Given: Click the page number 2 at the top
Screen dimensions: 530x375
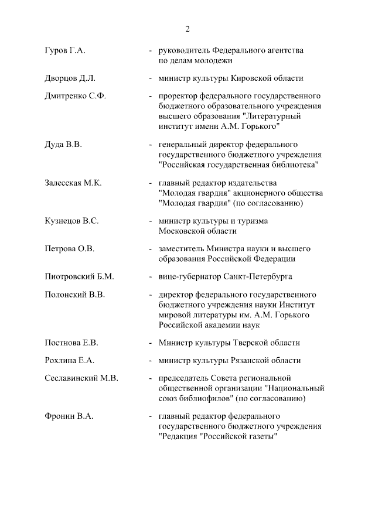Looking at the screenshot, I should click(187, 29).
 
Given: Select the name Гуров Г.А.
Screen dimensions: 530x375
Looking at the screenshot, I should click(65, 51).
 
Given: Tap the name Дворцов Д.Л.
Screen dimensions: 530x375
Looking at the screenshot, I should click(70, 78).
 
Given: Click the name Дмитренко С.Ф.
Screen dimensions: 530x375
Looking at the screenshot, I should click(75, 96).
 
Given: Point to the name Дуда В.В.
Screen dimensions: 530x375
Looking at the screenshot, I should click(63, 145).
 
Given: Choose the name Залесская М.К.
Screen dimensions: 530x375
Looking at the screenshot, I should click(73, 183).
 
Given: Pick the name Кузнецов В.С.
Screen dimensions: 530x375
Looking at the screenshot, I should click(71, 221).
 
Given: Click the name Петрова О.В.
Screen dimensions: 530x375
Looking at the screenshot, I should click(70, 249).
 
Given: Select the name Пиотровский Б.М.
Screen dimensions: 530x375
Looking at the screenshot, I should click(79, 276).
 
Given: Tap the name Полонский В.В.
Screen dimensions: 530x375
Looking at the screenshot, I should click(75, 295).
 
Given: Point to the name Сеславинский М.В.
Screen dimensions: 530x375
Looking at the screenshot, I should click(81, 378).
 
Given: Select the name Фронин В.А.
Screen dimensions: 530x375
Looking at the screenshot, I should click(69, 416).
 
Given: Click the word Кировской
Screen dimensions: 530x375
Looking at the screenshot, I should click(253, 78).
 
